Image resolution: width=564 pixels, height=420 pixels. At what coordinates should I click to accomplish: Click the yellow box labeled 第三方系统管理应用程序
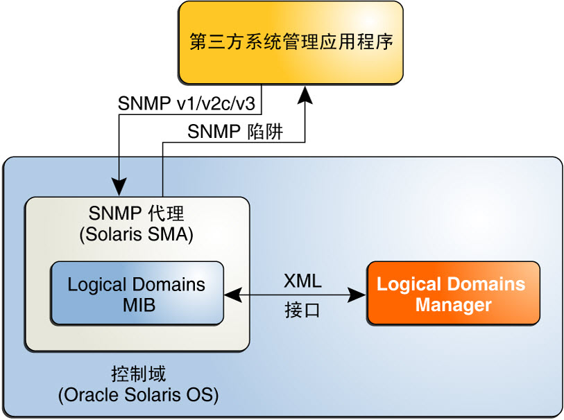click(291, 43)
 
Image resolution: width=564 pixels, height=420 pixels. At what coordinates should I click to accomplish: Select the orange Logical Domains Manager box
click(453, 293)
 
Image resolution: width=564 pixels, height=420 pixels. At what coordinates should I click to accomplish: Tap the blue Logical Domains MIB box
click(137, 293)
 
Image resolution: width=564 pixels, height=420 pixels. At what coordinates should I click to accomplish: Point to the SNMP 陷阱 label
click(237, 132)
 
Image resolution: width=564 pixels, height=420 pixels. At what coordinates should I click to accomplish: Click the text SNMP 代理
click(136, 213)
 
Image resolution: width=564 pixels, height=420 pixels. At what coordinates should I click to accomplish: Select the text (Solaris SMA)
click(136, 234)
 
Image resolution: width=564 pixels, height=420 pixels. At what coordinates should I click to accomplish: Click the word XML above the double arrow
click(302, 281)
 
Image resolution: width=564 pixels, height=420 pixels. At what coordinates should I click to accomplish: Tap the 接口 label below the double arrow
click(302, 310)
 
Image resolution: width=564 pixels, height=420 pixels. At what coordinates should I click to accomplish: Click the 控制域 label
click(139, 374)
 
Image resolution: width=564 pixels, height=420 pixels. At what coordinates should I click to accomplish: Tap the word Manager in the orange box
click(453, 305)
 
